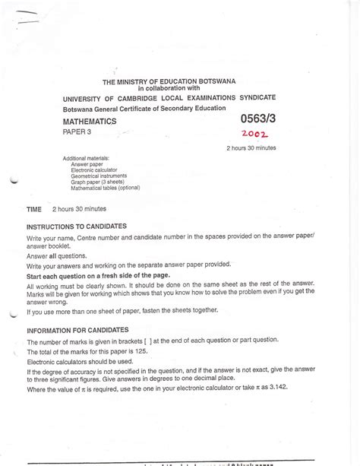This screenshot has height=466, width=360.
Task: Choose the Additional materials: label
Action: (92, 157)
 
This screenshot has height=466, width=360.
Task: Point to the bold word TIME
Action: (33, 208)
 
